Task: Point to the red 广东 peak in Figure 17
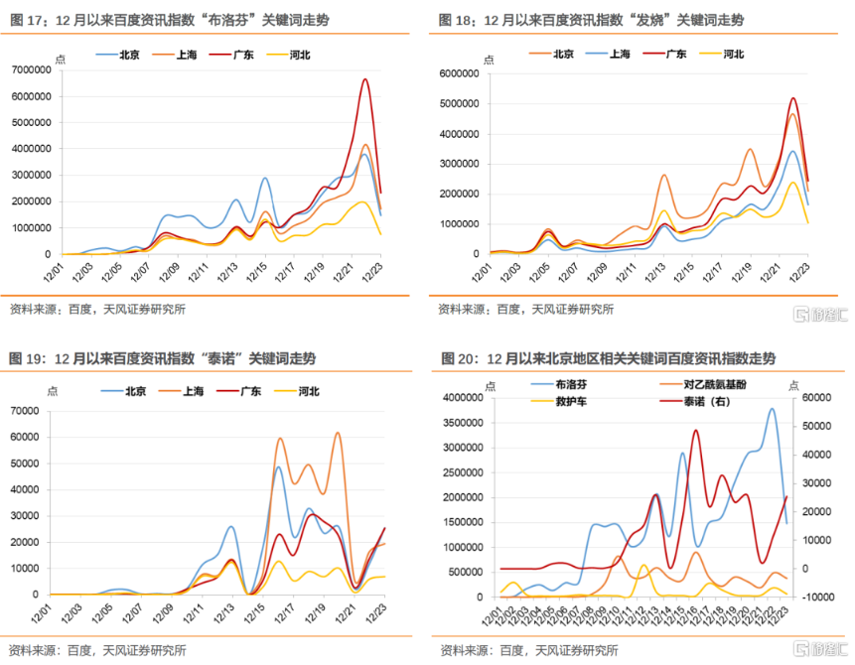[365, 79]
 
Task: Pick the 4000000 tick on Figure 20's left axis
[466, 398]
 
